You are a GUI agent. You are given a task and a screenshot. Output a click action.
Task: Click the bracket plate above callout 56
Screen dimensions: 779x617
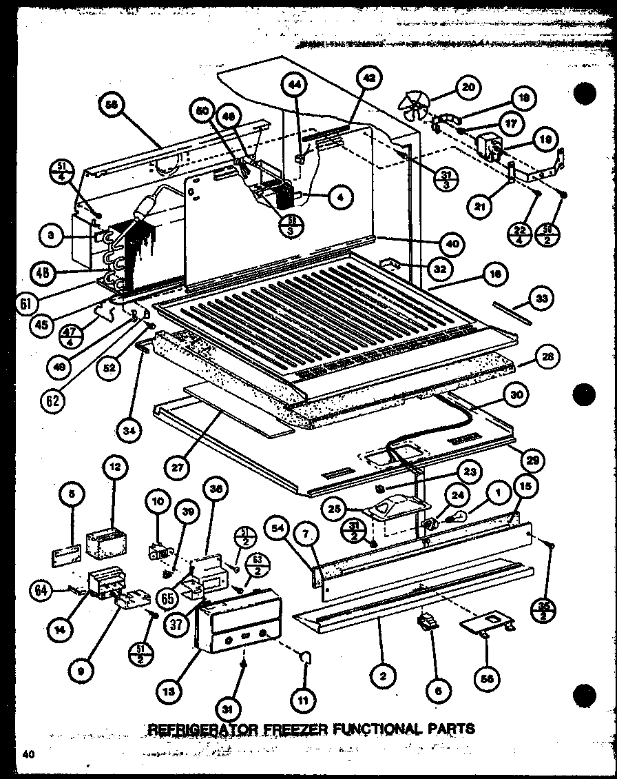(x=492, y=623)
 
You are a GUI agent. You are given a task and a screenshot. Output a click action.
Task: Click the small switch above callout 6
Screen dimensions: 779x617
(x=428, y=623)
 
